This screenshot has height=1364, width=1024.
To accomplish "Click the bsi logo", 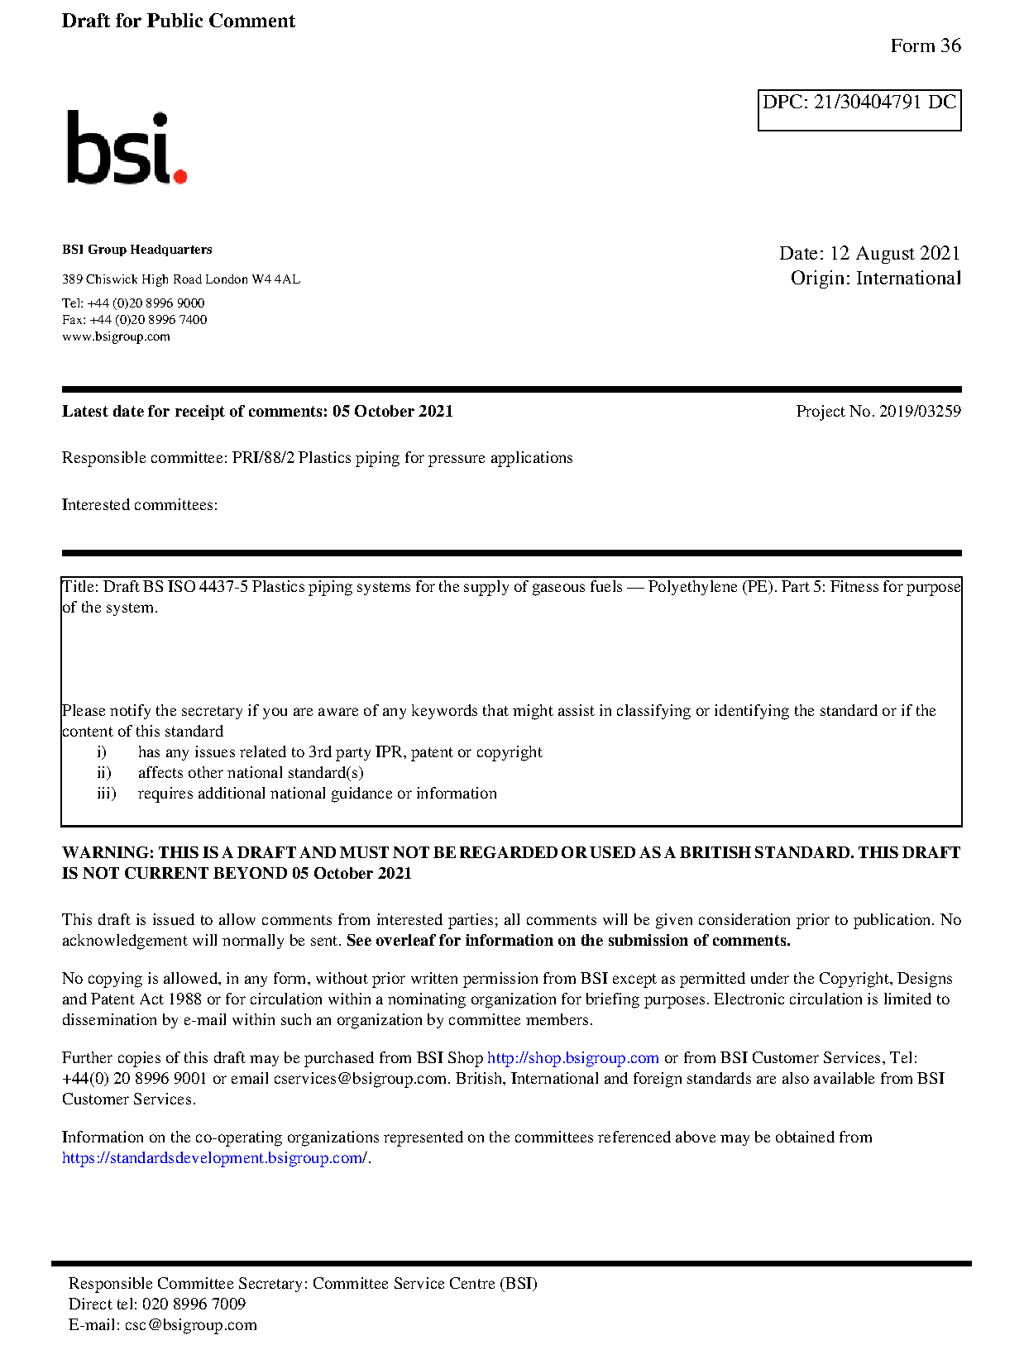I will pos(126,148).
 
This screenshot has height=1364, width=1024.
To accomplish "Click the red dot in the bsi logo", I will pos(180,175).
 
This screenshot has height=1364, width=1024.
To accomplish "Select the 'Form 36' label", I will pos(926,45).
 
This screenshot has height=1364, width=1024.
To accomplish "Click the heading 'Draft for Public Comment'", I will pos(178,21).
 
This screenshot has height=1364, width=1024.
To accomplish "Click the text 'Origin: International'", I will pos(875,278).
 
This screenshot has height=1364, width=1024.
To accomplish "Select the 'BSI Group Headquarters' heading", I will pos(136,250).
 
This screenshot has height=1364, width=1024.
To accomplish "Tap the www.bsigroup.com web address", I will pos(116,336).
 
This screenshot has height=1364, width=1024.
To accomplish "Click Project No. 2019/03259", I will pos(878,411).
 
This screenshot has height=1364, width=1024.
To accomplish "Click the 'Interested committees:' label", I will pos(140,505).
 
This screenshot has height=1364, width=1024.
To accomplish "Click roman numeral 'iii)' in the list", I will pos(106,794).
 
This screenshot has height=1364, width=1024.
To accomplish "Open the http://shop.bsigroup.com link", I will pos(572,1058).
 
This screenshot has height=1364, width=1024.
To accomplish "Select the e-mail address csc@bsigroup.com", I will pos(190,1325).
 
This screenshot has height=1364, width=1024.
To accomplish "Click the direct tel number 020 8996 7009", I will pos(194,1304).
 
